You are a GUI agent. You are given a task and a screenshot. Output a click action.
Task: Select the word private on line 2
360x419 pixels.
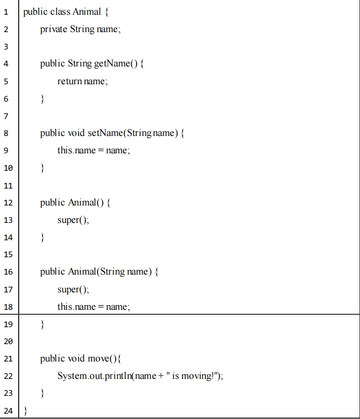pyautogui.click(x=54, y=29)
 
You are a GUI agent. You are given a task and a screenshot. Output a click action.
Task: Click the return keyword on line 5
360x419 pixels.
pyautogui.click(x=70, y=81)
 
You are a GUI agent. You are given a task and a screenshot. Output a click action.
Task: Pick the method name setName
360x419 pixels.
pyautogui.click(x=105, y=133)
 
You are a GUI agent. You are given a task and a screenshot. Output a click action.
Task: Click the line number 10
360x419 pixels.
pyautogui.click(x=8, y=168)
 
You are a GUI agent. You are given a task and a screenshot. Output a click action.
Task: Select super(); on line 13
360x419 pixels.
pyautogui.click(x=73, y=220)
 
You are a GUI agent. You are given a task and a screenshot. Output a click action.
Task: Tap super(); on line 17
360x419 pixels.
pyautogui.click(x=73, y=290)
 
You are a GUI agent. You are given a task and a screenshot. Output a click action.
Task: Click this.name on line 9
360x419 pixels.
pyautogui.click(x=76, y=151)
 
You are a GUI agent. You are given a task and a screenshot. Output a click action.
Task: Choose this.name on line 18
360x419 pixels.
pyautogui.click(x=76, y=307)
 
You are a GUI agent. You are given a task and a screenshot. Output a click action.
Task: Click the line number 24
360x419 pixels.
pyautogui.click(x=8, y=411)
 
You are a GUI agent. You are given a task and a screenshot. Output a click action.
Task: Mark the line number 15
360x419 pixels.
pyautogui.click(x=8, y=255)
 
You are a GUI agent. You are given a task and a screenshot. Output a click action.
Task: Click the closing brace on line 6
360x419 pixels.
pyautogui.click(x=42, y=99)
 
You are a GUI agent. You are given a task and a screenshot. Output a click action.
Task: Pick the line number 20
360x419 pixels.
pyautogui.click(x=8, y=341)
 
